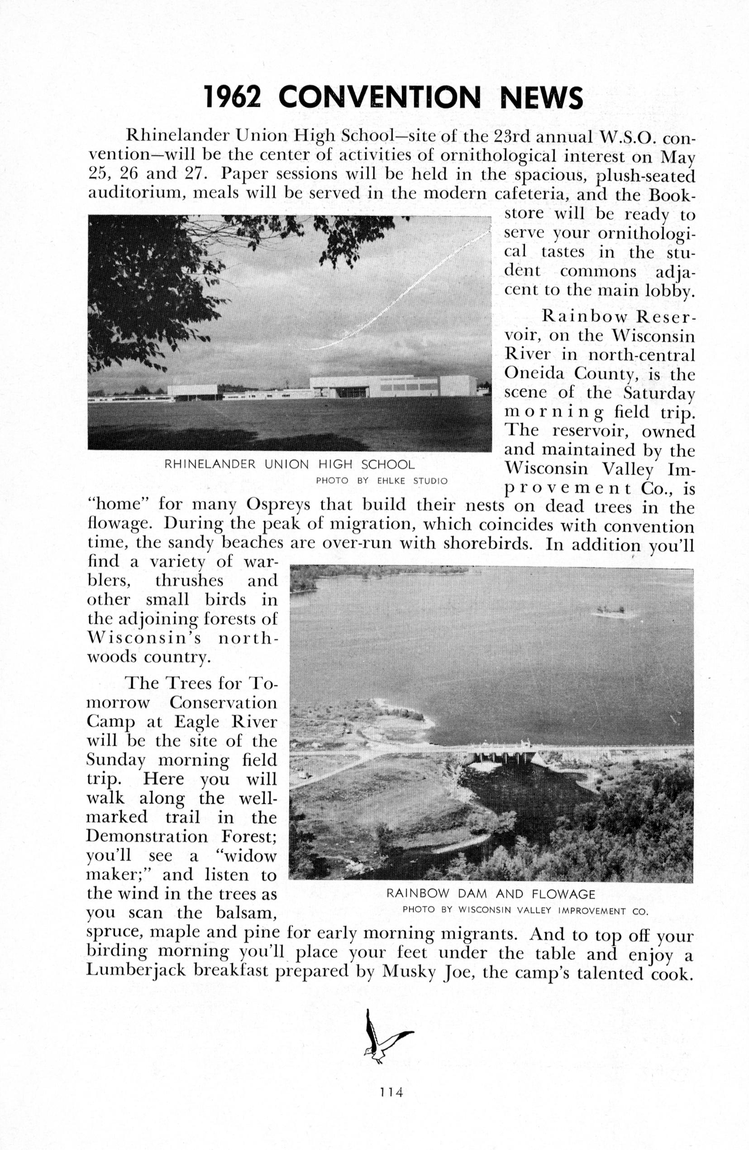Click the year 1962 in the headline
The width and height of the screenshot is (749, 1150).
(x=232, y=97)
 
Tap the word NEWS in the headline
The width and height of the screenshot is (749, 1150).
(x=541, y=97)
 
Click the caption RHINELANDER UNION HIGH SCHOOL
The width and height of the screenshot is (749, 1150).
(x=289, y=464)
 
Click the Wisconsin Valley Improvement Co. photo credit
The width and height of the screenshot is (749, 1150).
(x=525, y=910)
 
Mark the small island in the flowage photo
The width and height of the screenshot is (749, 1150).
(x=613, y=612)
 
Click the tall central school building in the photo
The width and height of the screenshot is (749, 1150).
(x=374, y=386)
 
